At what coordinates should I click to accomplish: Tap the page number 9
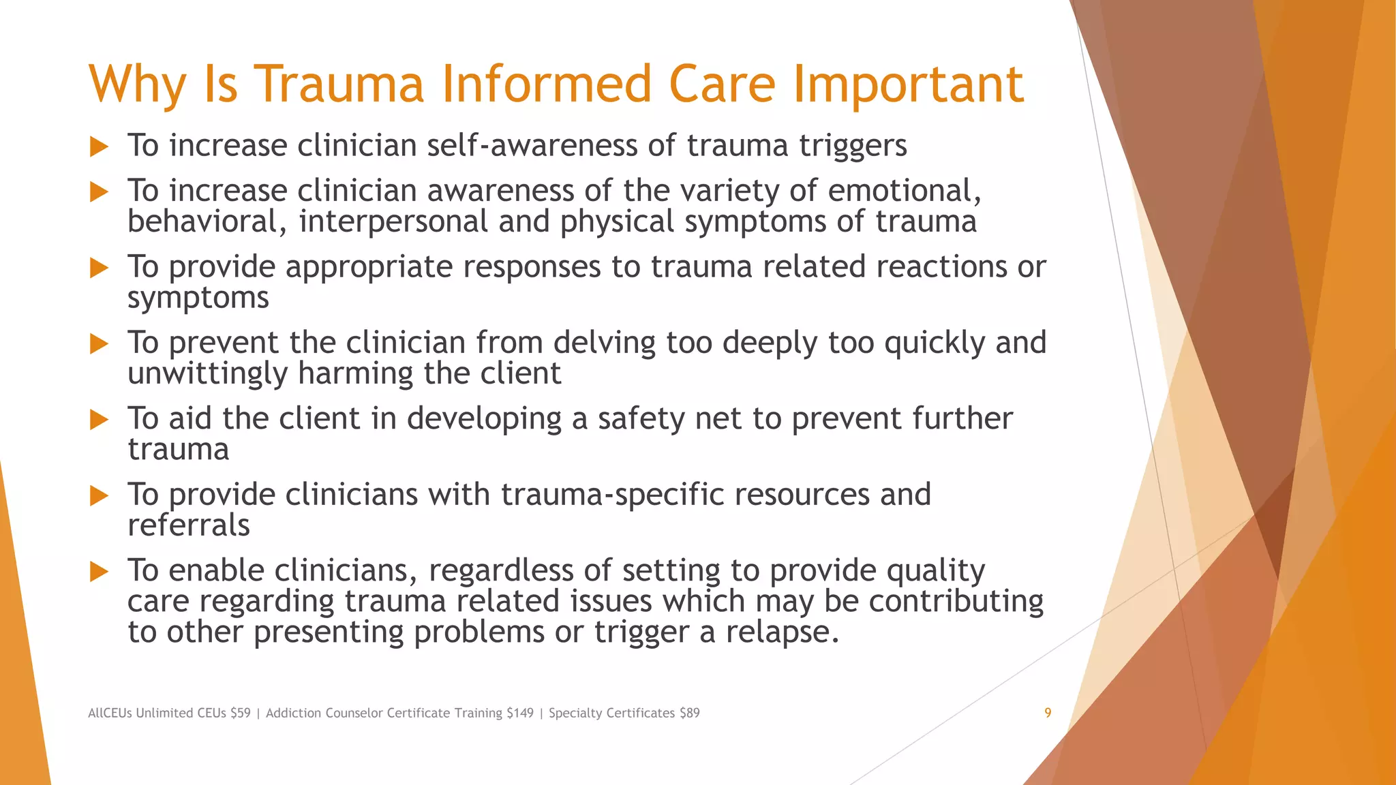tap(1048, 713)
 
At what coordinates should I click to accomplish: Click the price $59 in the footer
tap(240, 713)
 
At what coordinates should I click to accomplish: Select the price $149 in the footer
tap(519, 713)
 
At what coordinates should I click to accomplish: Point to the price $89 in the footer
tap(689, 713)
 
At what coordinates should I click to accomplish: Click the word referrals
tap(189, 525)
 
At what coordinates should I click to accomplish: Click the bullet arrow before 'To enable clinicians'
tap(100, 571)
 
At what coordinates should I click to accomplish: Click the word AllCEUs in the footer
tap(110, 713)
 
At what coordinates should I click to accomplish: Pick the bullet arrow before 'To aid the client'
tap(100, 419)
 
